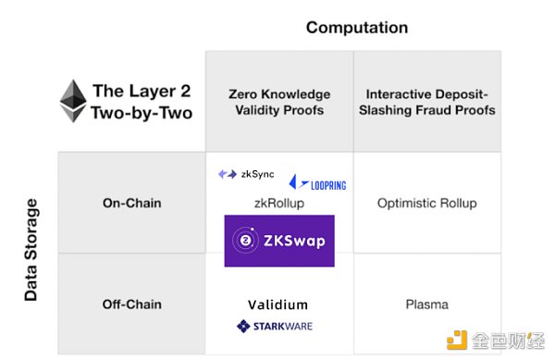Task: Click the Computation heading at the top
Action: [357, 28]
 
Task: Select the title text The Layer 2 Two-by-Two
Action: [142, 103]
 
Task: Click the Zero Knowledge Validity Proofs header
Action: [278, 102]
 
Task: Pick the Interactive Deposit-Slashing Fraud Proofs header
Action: [430, 102]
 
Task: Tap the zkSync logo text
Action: [256, 174]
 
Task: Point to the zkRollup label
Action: [278, 203]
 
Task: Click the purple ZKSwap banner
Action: [279, 242]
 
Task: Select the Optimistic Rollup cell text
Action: [426, 203]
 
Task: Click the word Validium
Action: [277, 304]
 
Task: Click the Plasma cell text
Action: [426, 304]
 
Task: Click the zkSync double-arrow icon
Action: [227, 174]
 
